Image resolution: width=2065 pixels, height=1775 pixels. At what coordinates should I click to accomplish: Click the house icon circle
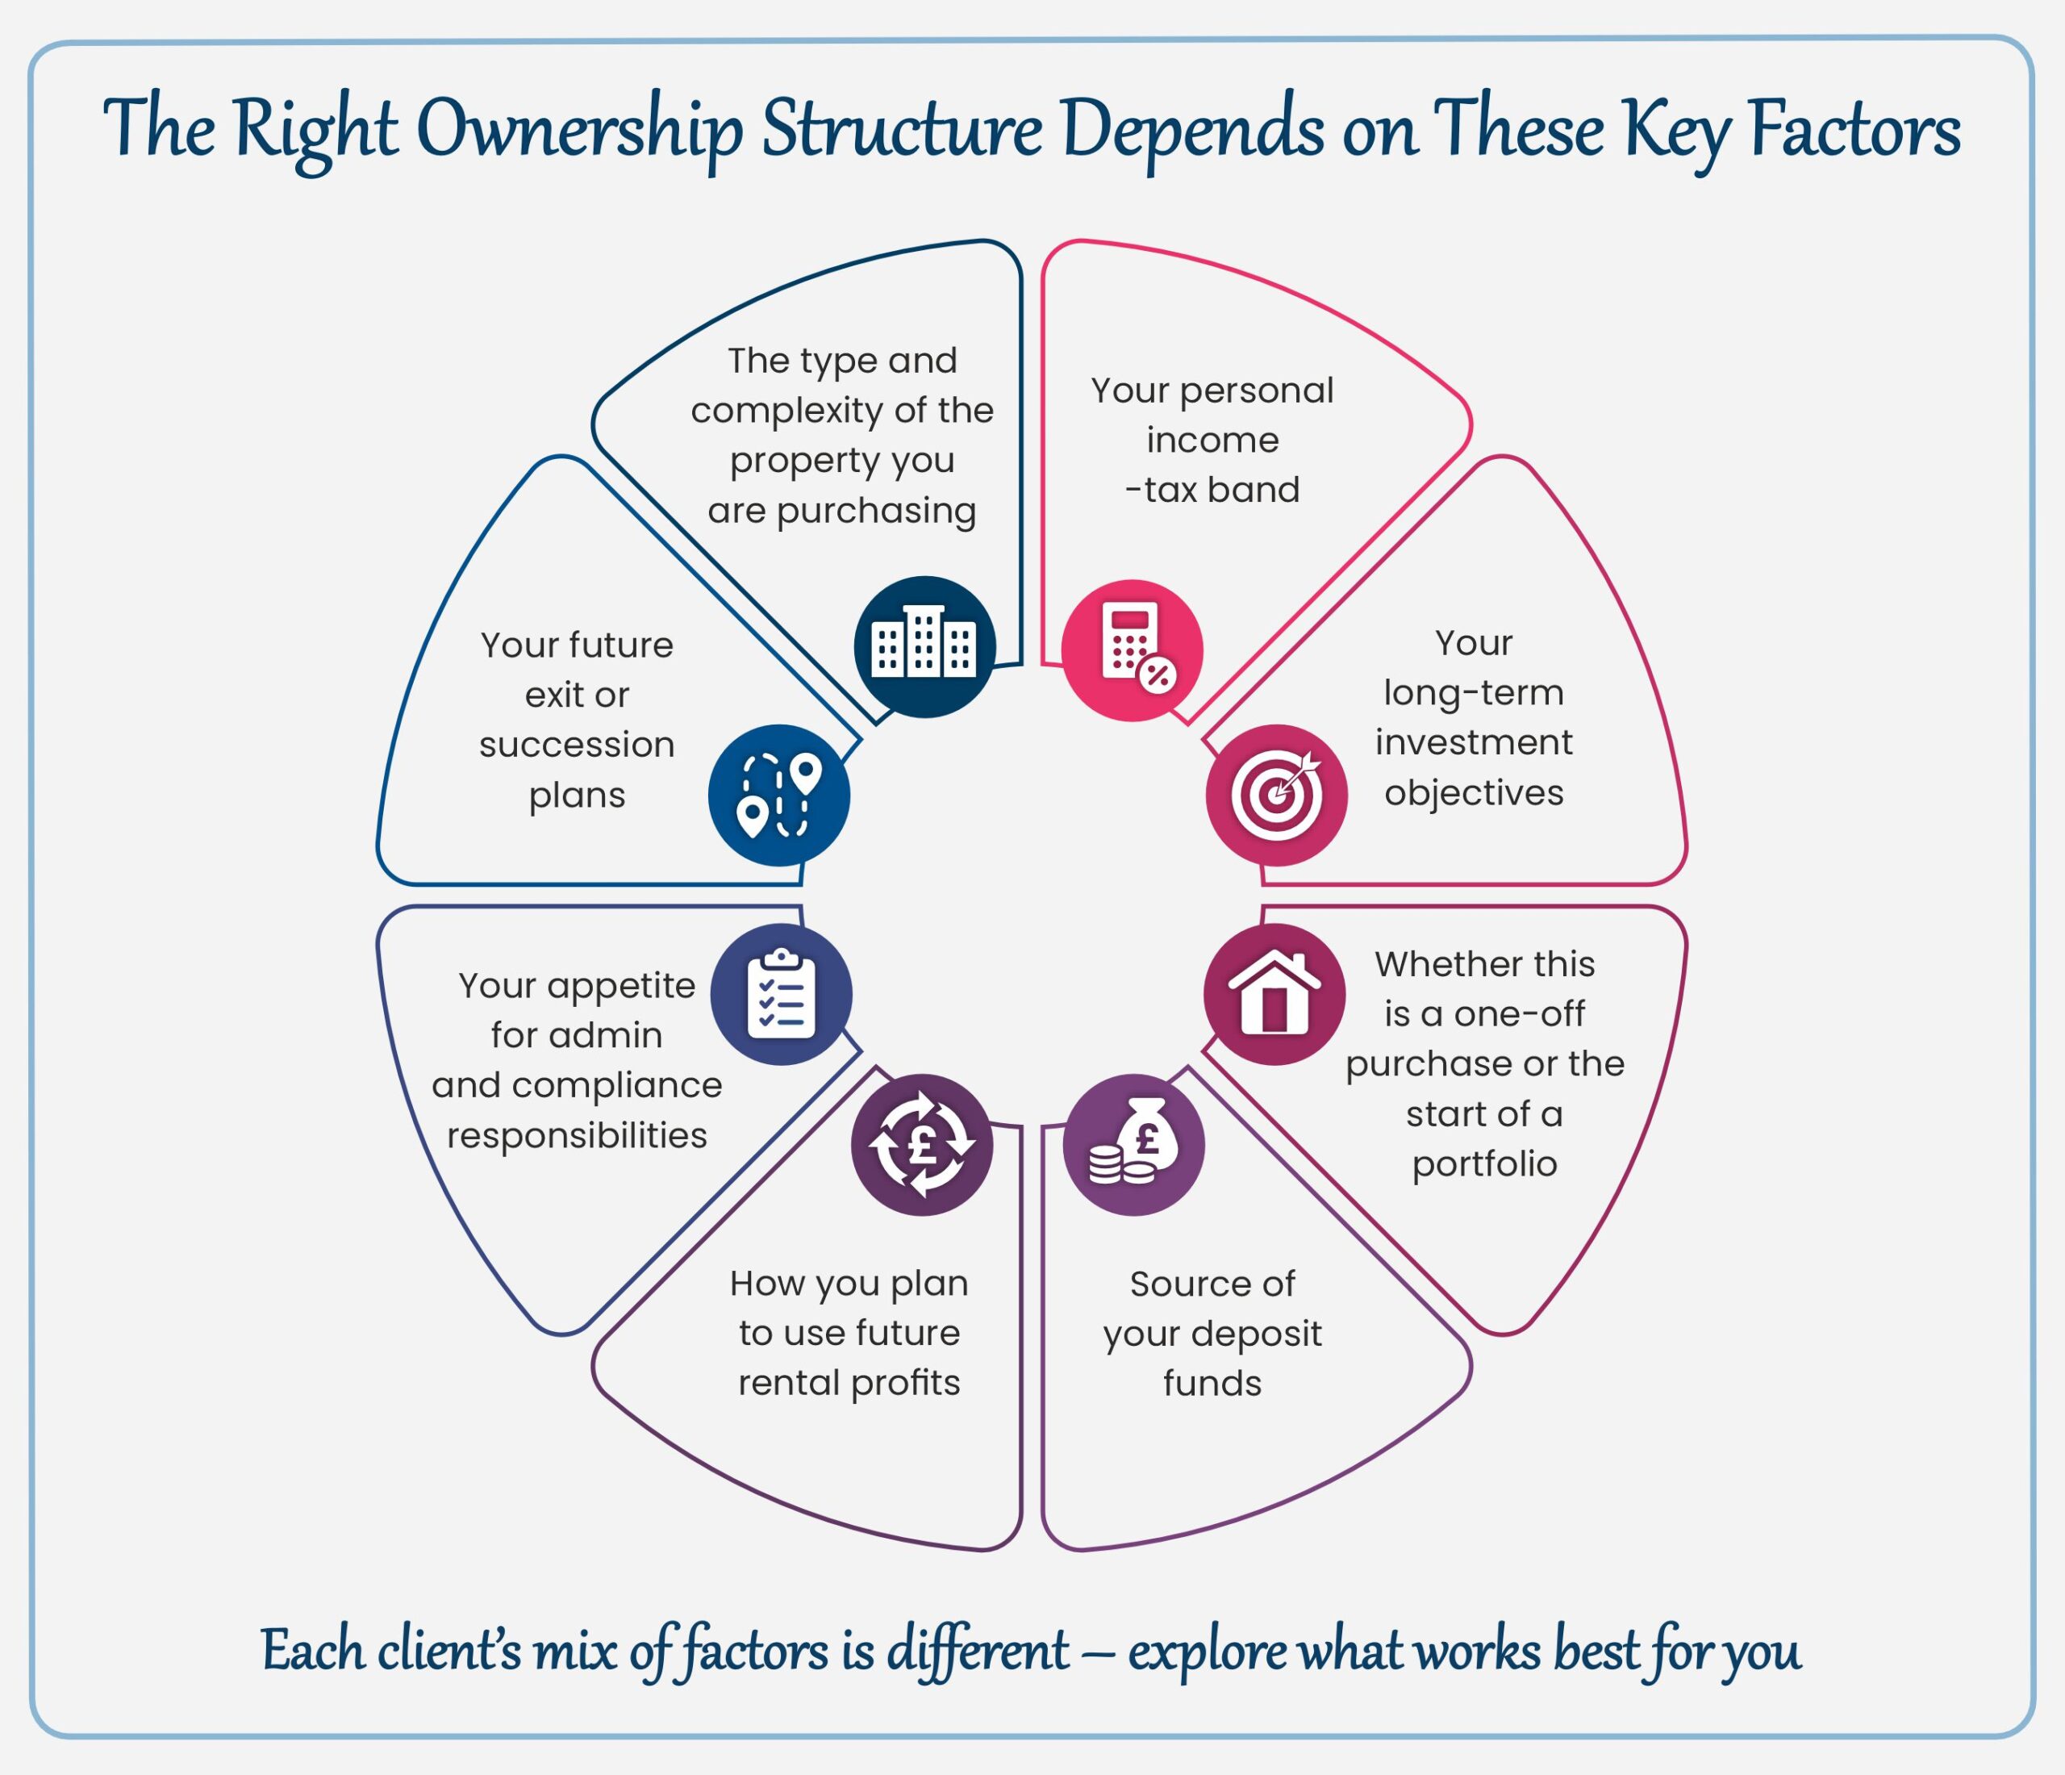1274,994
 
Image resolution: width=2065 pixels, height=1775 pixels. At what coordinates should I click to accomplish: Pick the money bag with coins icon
1133,1144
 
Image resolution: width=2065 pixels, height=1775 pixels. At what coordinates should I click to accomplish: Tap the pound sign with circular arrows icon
922,1144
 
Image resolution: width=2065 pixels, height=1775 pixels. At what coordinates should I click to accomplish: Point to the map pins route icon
779,795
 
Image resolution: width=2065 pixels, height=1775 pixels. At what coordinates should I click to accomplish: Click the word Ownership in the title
579,131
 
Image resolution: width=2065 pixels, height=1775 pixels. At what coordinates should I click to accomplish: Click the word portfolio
1484,1163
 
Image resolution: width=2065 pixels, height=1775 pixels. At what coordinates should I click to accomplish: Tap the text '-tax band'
1212,490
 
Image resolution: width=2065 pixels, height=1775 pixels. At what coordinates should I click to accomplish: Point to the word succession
576,745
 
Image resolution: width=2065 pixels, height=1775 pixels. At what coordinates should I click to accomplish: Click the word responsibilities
576,1135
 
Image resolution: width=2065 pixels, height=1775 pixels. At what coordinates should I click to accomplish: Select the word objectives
1473,792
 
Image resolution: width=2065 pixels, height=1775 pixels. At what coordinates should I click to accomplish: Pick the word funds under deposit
1212,1384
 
